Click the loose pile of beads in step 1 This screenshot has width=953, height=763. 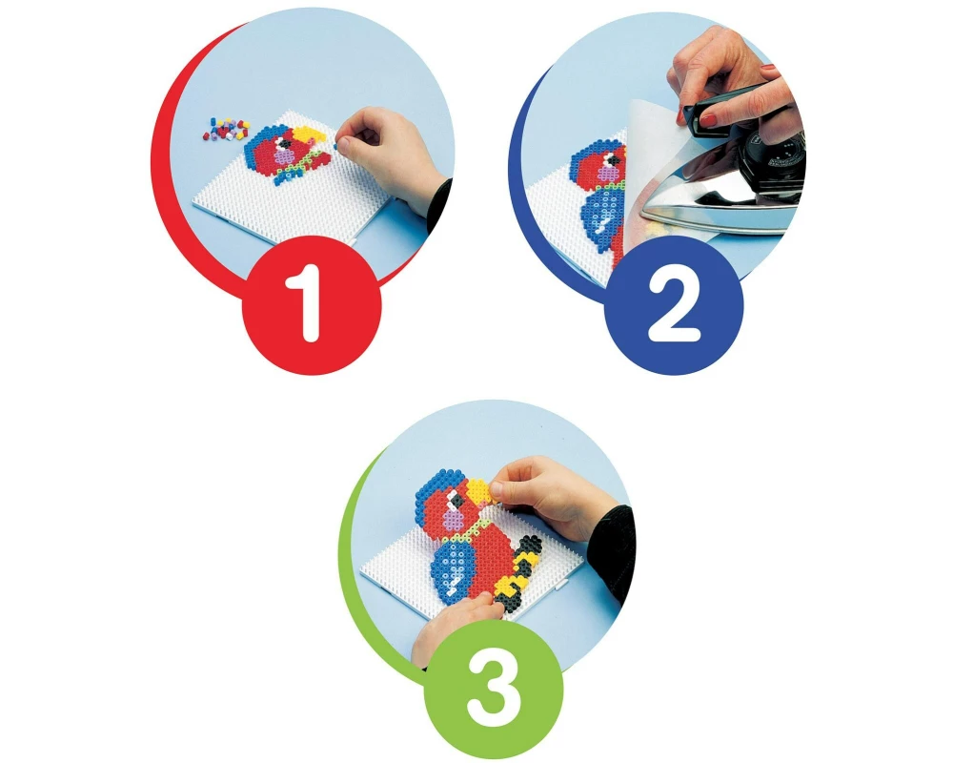[224, 127]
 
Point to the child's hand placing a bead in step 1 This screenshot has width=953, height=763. [389, 155]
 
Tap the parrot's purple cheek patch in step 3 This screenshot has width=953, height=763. [453, 519]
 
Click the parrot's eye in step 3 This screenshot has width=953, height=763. [454, 500]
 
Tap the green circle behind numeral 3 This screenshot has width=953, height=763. [494, 688]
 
